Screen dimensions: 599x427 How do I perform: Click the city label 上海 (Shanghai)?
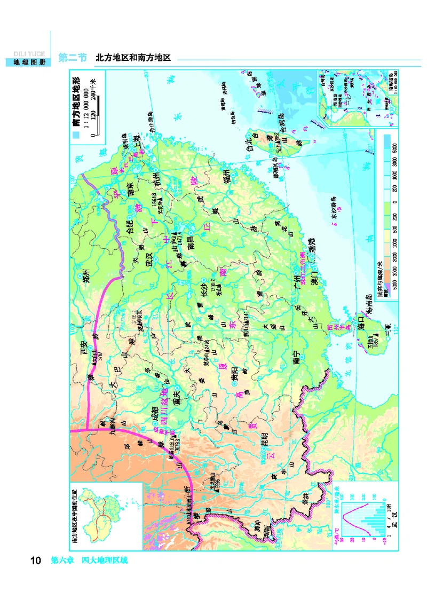tap(141, 146)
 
